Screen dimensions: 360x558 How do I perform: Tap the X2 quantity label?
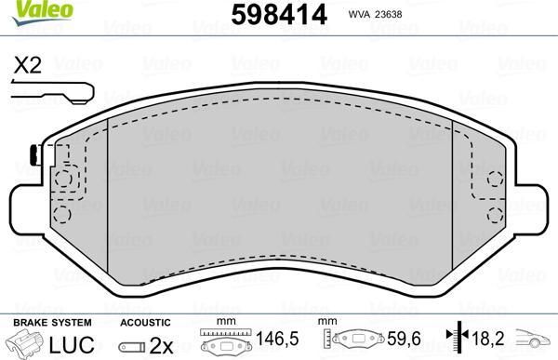pyautogui.click(x=28, y=65)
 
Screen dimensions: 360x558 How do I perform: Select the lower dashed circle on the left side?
pyautogui.click(x=62, y=214)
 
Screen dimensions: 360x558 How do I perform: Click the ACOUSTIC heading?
pyautogui.click(x=145, y=322)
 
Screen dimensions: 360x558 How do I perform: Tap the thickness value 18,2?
pyautogui.click(x=488, y=343)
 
